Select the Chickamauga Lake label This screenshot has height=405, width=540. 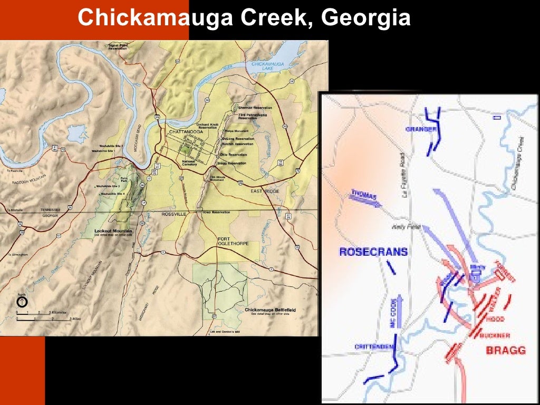pyautogui.click(x=268, y=66)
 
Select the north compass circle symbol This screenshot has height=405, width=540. pyautogui.click(x=22, y=302)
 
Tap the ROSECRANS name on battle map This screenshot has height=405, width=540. pyautogui.click(x=373, y=252)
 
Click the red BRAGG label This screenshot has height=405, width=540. pyautogui.click(x=506, y=350)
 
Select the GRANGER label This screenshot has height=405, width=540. pyautogui.click(x=421, y=129)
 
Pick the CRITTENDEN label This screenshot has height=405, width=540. pyautogui.click(x=374, y=346)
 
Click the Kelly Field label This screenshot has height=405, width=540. pyautogui.click(x=401, y=228)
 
